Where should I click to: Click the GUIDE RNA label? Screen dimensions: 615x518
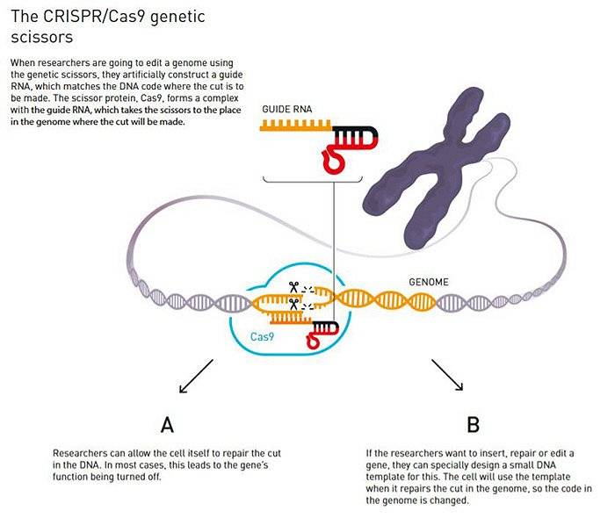pos(287,110)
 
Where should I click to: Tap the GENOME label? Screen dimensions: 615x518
pos(429,282)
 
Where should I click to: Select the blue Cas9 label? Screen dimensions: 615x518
pos(262,336)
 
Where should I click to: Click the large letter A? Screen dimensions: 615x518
pos(167,425)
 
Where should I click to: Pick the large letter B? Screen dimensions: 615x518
pos(473,425)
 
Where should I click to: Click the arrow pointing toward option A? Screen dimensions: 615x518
pos(196,376)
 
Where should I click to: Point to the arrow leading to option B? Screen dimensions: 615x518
pos(447,375)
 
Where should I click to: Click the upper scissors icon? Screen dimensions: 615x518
pos(293,288)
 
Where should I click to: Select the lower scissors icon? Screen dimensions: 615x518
pos(293,304)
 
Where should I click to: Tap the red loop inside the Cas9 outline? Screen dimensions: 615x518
pos(313,340)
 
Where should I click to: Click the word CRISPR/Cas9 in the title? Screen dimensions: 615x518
pos(94,17)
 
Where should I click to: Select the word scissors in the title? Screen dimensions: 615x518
pos(42,37)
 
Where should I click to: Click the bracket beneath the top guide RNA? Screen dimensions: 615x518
pos(312,180)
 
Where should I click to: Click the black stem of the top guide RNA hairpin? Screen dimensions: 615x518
pos(355,133)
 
